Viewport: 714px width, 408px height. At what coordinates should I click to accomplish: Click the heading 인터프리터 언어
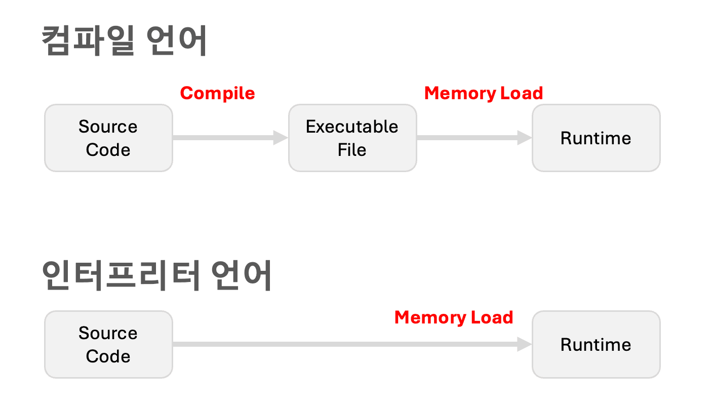pyautogui.click(x=157, y=276)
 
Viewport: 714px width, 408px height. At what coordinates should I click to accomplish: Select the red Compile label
pyautogui.click(x=217, y=93)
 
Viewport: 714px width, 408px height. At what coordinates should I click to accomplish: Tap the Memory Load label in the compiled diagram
pyautogui.click(x=483, y=93)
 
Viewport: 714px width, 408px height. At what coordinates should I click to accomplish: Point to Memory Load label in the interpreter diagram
pyautogui.click(x=454, y=317)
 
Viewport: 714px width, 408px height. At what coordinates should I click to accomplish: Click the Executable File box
pyautogui.click(x=352, y=138)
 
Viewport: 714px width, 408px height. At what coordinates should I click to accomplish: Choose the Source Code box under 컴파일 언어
pyautogui.click(x=108, y=138)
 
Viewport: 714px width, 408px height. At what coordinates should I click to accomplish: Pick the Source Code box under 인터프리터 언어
pyautogui.click(x=108, y=344)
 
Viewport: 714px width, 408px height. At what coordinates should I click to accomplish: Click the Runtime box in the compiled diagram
pyautogui.click(x=596, y=138)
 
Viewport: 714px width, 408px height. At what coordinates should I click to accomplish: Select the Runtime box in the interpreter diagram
pyautogui.click(x=596, y=344)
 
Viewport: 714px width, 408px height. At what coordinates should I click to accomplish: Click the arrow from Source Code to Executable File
pyautogui.click(x=228, y=137)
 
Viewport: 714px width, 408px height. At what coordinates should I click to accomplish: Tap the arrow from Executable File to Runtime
pyautogui.click(x=471, y=137)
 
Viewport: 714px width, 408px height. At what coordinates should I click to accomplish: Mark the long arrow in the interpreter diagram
pyautogui.click(x=349, y=344)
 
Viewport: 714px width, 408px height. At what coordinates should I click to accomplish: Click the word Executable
pyautogui.click(x=352, y=127)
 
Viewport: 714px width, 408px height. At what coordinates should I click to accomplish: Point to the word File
pyautogui.click(x=352, y=150)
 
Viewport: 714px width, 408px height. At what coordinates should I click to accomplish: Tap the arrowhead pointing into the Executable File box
pyautogui.click(x=281, y=137)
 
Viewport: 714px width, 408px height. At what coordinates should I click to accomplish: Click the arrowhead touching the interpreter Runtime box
pyautogui.click(x=525, y=344)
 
